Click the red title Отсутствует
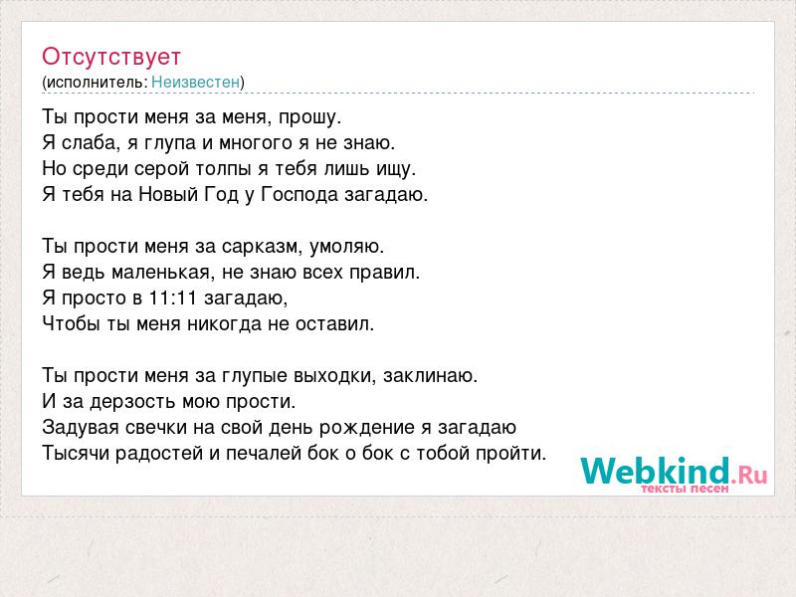click(111, 57)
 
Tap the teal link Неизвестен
click(195, 82)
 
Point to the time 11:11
click(172, 298)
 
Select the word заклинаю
click(431, 376)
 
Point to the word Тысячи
click(76, 454)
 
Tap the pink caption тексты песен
click(685, 489)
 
